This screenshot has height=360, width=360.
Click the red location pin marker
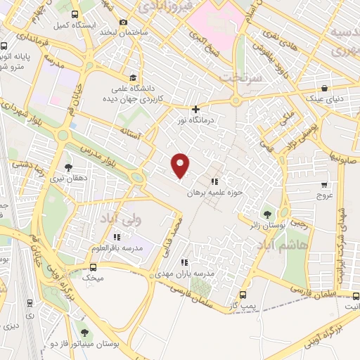pyautogui.click(x=181, y=165)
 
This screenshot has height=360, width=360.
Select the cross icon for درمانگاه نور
pyautogui.click(x=195, y=109)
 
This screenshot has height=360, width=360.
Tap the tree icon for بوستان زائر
pyautogui.click(x=266, y=212)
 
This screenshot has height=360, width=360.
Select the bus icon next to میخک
pyautogui.click(x=94, y=267)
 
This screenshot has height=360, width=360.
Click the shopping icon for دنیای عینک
pyautogui.click(x=324, y=89)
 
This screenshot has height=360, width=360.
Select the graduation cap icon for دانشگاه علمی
pyautogui.click(x=132, y=77)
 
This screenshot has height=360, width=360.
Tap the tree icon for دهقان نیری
pyautogui.click(x=67, y=167)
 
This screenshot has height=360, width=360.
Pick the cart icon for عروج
pyautogui.click(x=323, y=186)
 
